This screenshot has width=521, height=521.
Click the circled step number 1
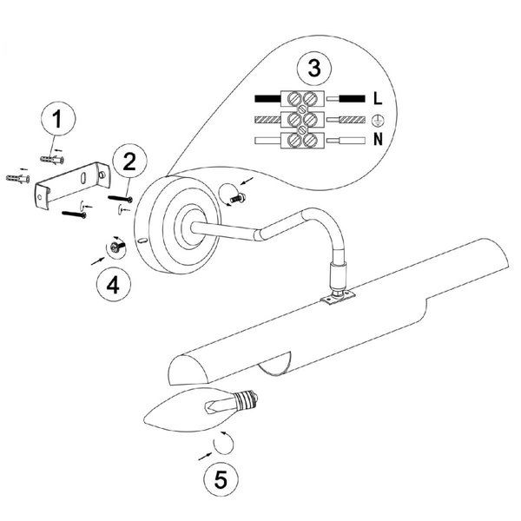58,118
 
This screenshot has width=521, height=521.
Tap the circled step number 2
129,162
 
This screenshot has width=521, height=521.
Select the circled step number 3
314,68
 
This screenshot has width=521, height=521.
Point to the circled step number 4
113,285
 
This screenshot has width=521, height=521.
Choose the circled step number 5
221,478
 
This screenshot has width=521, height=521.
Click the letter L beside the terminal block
378,99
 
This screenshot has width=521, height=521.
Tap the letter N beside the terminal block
378,139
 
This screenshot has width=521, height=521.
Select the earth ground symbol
377,120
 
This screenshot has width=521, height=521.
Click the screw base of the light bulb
247,399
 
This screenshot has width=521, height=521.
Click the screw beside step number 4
117,247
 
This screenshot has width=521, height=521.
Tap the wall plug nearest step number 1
52,160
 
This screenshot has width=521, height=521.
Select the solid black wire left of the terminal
267,99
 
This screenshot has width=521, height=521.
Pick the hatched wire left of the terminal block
267,120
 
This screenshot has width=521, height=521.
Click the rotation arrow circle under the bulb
223,442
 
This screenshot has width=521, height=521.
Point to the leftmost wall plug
17,178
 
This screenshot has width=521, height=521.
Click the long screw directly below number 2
121,199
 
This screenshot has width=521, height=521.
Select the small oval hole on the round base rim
142,241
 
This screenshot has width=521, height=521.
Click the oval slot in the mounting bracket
82,177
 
